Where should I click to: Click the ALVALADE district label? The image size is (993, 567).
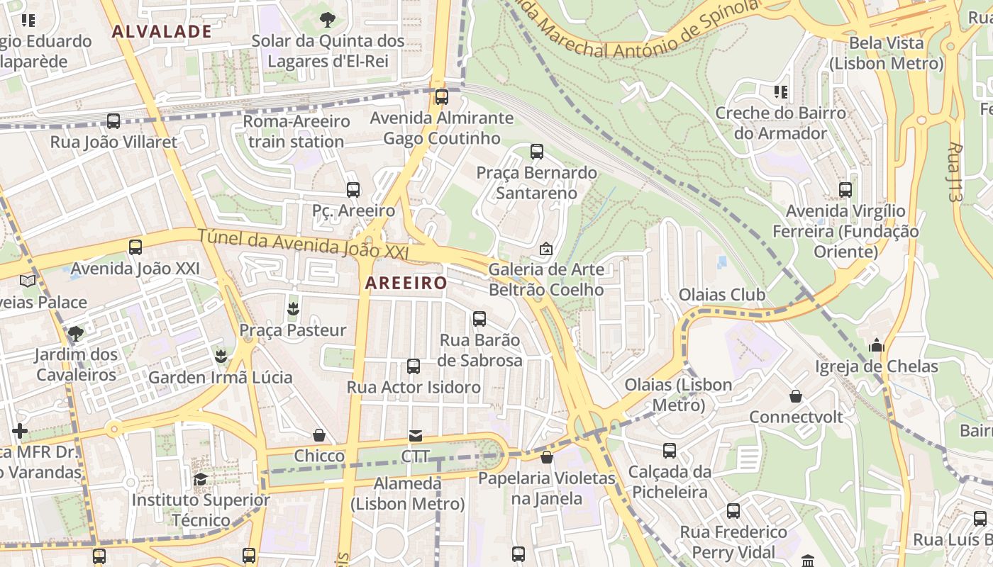162,31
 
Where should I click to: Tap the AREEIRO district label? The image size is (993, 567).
406,283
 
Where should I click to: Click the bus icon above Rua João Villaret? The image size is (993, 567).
113,121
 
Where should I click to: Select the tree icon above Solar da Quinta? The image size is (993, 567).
327,19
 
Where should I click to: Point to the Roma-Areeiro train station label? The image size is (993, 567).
296,131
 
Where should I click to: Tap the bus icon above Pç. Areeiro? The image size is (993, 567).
353,190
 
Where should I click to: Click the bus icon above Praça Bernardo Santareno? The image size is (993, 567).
536,152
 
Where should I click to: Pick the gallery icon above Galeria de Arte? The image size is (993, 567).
546,249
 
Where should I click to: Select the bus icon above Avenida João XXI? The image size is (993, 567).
135,247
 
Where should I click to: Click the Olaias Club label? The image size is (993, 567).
722,295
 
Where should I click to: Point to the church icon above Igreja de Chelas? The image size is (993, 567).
876,346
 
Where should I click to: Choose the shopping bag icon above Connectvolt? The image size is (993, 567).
796,396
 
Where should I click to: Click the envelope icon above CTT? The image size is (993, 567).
415,435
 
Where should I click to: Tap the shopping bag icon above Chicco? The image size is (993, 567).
319,435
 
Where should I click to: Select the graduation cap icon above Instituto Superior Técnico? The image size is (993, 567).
200,480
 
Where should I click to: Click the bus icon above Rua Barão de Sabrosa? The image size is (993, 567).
479,319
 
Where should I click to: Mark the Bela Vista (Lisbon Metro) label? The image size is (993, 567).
886,53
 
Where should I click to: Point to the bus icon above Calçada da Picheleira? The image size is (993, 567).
669,451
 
